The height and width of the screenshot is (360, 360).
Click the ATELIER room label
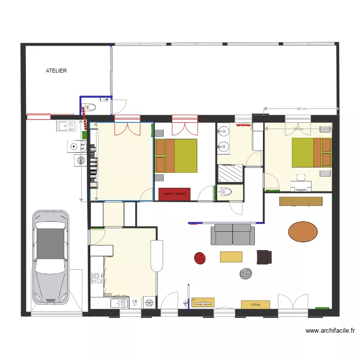click(x=56, y=71)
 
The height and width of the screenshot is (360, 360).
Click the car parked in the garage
click(x=50, y=257)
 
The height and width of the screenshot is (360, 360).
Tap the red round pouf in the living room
click(x=200, y=258)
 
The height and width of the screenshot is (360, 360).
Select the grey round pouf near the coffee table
click(x=246, y=273)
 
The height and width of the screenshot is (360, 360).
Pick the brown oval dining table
click(x=303, y=231)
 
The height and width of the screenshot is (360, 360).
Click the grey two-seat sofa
click(x=233, y=234)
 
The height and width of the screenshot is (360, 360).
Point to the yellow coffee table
click(x=231, y=257)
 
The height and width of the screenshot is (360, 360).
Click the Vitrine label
click(x=255, y=304)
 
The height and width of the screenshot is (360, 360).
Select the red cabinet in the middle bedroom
click(x=174, y=194)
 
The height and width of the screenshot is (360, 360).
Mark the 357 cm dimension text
click(x=301, y=109)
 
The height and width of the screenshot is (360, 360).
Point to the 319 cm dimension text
click(x=298, y=129)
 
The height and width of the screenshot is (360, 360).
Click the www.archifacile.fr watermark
click(x=330, y=331)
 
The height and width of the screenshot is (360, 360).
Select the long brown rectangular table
click(x=300, y=201)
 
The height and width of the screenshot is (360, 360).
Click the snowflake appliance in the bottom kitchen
click(x=148, y=302)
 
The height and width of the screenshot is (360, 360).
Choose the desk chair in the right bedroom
click(x=301, y=178)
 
